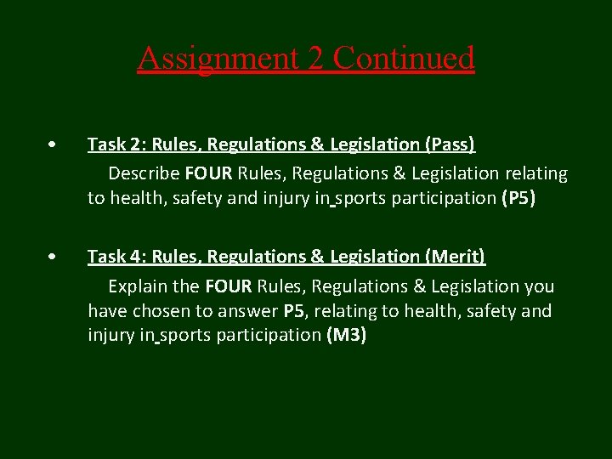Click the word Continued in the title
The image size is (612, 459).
(404, 59)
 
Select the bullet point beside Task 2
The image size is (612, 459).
(53, 145)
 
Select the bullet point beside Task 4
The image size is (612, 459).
(53, 256)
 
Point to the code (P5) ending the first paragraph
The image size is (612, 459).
(518, 200)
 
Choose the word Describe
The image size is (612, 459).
(144, 173)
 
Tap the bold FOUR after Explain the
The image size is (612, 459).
(229, 286)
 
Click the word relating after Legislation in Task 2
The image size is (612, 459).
(535, 173)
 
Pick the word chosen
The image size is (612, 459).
(158, 311)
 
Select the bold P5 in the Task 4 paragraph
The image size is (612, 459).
(294, 311)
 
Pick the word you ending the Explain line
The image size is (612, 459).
(540, 286)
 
